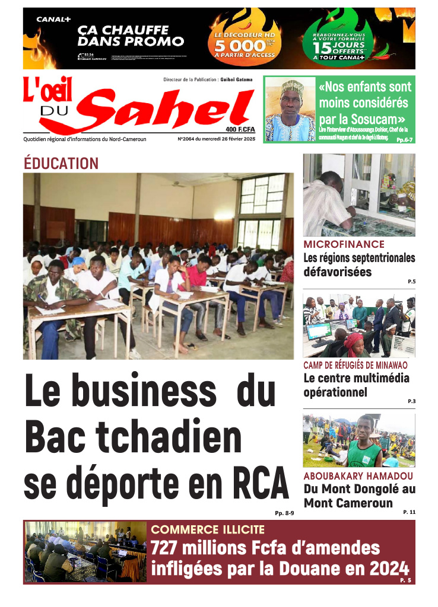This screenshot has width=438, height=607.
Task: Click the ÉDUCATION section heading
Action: coord(61,164)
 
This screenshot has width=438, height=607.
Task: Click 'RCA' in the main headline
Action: coord(256,484)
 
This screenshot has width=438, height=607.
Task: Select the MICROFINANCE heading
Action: coord(344,244)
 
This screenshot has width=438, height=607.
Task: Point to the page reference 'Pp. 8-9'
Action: coord(284,513)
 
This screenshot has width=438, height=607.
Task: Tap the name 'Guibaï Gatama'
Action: coord(237,79)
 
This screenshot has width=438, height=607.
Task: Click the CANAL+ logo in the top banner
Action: coord(54,19)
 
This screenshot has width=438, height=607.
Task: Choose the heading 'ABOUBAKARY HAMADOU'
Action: coord(358,476)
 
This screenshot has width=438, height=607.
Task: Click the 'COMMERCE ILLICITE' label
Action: coord(208,529)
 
